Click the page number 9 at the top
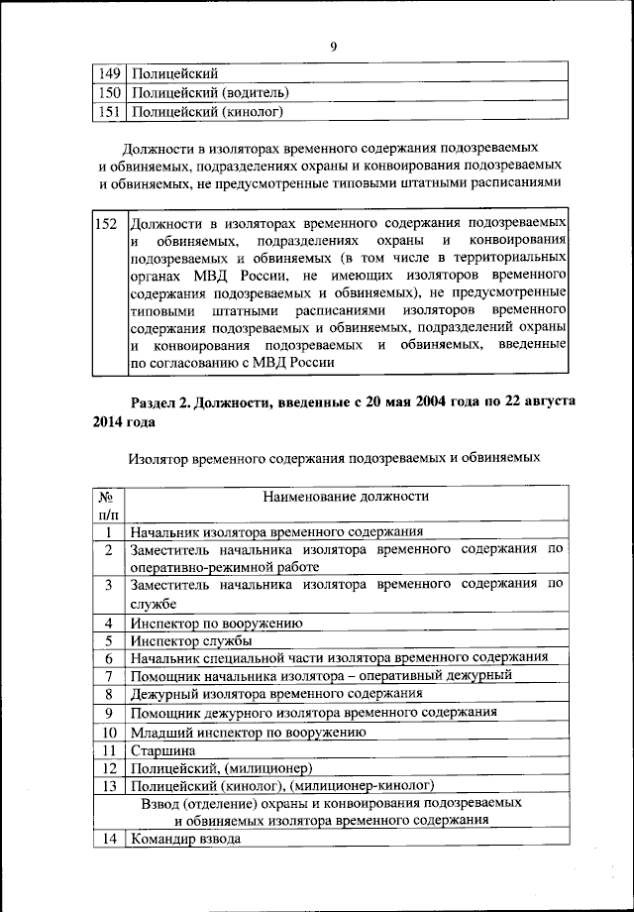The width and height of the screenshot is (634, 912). (334, 45)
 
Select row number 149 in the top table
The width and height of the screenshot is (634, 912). (109, 73)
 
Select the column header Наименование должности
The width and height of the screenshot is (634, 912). (346, 496)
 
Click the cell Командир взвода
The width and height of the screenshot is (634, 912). (184, 841)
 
